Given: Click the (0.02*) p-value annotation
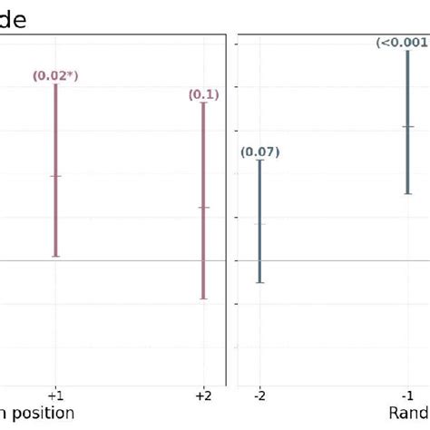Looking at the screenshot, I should coord(55,75).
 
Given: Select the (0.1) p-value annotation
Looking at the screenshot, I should coord(203,94).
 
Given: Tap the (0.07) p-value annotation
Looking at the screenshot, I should coord(259,152).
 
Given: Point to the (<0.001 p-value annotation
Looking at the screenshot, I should coord(402,43).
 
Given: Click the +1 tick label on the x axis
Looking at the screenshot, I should coord(55,396).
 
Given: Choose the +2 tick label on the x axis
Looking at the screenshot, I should coord(203,396).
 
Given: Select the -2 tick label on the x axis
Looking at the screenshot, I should coord(259,396).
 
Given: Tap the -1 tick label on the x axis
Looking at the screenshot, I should coord(408,396).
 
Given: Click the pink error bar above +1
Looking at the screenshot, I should coord(55,218).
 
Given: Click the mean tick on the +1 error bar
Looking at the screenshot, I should coord(55,176).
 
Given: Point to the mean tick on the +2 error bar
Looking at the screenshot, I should coord(203,207).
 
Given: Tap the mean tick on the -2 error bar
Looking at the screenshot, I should coord(259,224).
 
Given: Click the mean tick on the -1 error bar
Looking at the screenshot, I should coord(408,126).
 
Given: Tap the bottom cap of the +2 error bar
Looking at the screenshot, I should coord(203,298).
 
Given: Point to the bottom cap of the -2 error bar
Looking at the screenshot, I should coord(259,282).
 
